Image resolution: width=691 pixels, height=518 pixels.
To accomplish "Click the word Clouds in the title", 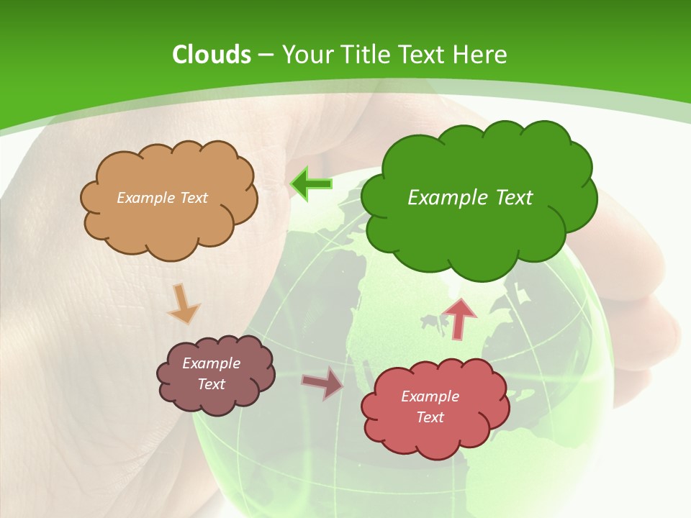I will [211, 55].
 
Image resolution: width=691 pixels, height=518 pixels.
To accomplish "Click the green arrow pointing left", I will [311, 184].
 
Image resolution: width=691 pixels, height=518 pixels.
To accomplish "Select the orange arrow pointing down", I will [184, 304].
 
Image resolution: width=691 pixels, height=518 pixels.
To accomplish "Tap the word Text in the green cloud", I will [514, 198].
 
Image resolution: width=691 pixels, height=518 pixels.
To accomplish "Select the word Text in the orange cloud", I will [194, 198].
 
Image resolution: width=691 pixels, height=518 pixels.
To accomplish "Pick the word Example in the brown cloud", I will [212, 363].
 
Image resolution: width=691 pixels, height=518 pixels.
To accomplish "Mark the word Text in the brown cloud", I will [212, 384].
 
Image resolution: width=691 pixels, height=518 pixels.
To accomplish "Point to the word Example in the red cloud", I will [430, 396].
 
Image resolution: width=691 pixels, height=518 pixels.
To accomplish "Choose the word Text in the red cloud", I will [430, 417].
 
